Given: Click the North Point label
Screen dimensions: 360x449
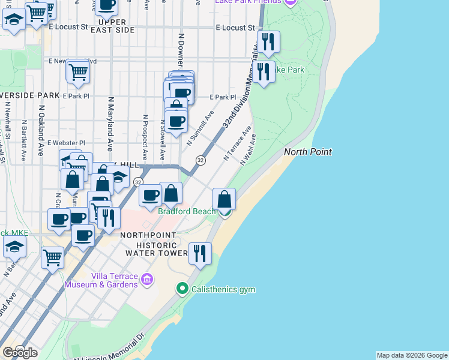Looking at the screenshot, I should [x=307, y=152].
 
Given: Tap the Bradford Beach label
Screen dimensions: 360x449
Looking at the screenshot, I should [x=186, y=211].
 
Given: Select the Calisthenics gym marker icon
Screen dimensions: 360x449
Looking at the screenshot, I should [x=183, y=289].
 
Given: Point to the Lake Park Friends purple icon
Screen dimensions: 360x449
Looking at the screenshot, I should [x=291, y=2].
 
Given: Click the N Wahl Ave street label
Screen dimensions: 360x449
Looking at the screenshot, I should [x=248, y=149].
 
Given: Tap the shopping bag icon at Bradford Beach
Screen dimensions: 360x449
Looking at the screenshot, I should [x=224, y=199].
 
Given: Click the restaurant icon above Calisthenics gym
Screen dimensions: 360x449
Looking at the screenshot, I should [x=200, y=254].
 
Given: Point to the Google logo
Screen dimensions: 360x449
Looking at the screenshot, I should [x=20, y=352].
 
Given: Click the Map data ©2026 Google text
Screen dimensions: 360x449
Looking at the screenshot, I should [x=412, y=355].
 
